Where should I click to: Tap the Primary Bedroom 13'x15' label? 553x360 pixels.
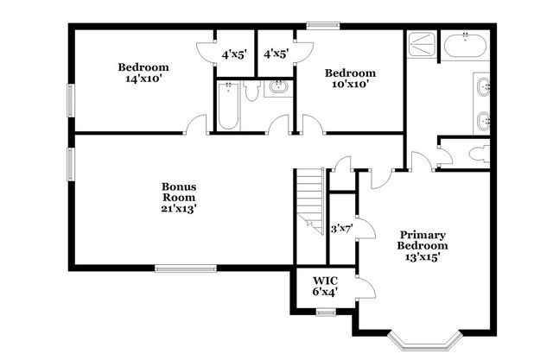[x=423, y=245]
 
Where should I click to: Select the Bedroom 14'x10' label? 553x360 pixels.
[x=143, y=73]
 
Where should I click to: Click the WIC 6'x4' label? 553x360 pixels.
[x=325, y=286]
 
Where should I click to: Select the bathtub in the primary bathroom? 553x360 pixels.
[x=466, y=46]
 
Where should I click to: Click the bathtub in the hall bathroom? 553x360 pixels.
[x=228, y=105]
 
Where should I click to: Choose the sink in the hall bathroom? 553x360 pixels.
[x=279, y=87]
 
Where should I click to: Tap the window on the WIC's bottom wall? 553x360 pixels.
[x=325, y=312]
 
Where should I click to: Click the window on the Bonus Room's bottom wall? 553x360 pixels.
[x=185, y=266]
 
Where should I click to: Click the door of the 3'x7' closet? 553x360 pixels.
[x=366, y=228]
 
